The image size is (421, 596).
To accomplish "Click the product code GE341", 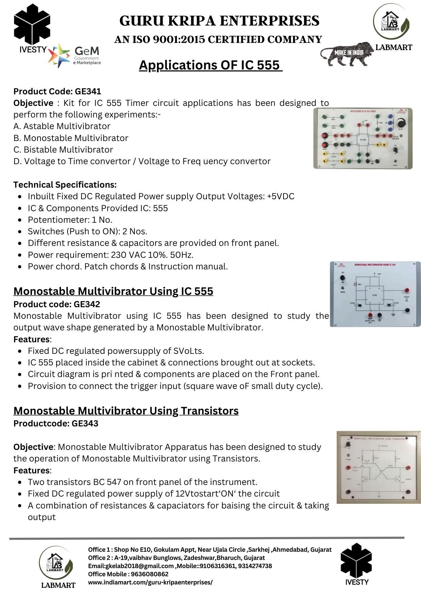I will pyautogui.click(x=88, y=91).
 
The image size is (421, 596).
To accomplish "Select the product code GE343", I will pyautogui.click(x=85, y=423).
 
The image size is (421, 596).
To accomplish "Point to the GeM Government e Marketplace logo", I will pyautogui.click(x=75, y=55).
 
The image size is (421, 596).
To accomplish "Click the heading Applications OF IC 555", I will pyautogui.click(x=210, y=65).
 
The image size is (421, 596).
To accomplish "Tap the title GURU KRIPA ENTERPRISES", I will pyautogui.click(x=219, y=21).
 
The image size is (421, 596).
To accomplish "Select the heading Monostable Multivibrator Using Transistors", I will pyautogui.click(x=126, y=411).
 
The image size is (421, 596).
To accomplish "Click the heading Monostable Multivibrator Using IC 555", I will pyautogui.click(x=113, y=291).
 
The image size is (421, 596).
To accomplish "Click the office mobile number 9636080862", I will pyautogui.click(x=150, y=574).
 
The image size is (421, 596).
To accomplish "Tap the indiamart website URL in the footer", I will pyautogui.click(x=150, y=582).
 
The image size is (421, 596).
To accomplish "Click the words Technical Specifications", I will pyautogui.click(x=65, y=185).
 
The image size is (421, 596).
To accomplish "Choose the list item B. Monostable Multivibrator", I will pyautogui.click(x=71, y=138).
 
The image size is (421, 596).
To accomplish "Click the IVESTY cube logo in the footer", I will pyautogui.click(x=356, y=561).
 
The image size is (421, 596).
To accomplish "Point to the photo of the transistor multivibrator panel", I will pyautogui.click(x=378, y=467).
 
